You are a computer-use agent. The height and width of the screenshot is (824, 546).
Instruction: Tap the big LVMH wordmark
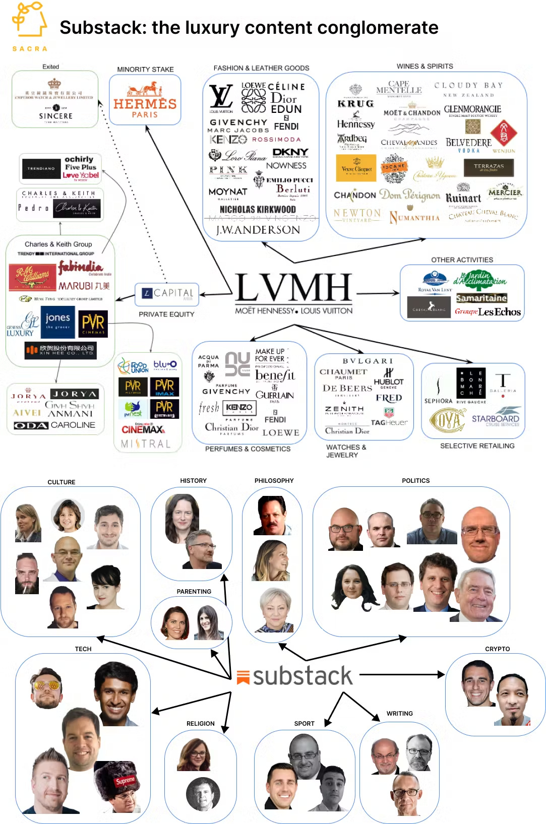pyautogui.click(x=293, y=288)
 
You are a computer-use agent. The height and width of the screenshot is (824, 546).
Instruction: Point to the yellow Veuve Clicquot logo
pyautogui.click(x=356, y=168)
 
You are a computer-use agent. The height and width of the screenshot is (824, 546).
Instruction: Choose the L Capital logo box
pyautogui.click(x=167, y=294)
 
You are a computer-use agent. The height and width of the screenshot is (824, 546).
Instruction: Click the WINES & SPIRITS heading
pyautogui.click(x=424, y=66)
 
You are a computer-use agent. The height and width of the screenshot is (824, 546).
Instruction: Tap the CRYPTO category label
pyautogui.click(x=497, y=649)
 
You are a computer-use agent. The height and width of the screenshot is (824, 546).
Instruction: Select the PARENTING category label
pyautogui.click(x=194, y=592)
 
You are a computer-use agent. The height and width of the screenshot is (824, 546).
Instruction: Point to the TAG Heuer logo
pyautogui.click(x=389, y=422)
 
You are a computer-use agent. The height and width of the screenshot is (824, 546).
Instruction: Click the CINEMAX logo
pyautogui.click(x=143, y=429)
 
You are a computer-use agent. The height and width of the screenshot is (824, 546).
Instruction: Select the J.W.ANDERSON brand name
pyautogui.click(x=258, y=230)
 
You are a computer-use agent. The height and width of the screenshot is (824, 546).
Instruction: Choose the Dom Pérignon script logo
pyautogui.click(x=409, y=195)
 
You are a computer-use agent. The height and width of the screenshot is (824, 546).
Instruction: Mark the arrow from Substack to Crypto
pyautogui.click(x=401, y=674)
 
